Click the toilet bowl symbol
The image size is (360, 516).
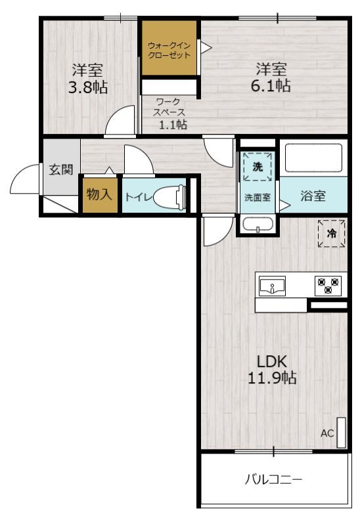click(169, 196)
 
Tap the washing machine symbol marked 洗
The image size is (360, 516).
click(258, 166)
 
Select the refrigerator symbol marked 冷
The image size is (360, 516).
click(332, 234)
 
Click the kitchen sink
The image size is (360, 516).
click(272, 286)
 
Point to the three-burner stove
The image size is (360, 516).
click(328, 286)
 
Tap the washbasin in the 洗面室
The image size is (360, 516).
click(258, 226)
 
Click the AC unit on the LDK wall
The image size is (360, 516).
click(340, 433)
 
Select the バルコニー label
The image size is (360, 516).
click(274, 480)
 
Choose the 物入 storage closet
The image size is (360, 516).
click(100, 195)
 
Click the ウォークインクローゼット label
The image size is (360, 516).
click(169, 51)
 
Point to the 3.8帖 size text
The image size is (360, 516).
click(87, 87)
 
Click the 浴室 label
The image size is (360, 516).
click(313, 196)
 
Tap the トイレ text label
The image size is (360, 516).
click(138, 196)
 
